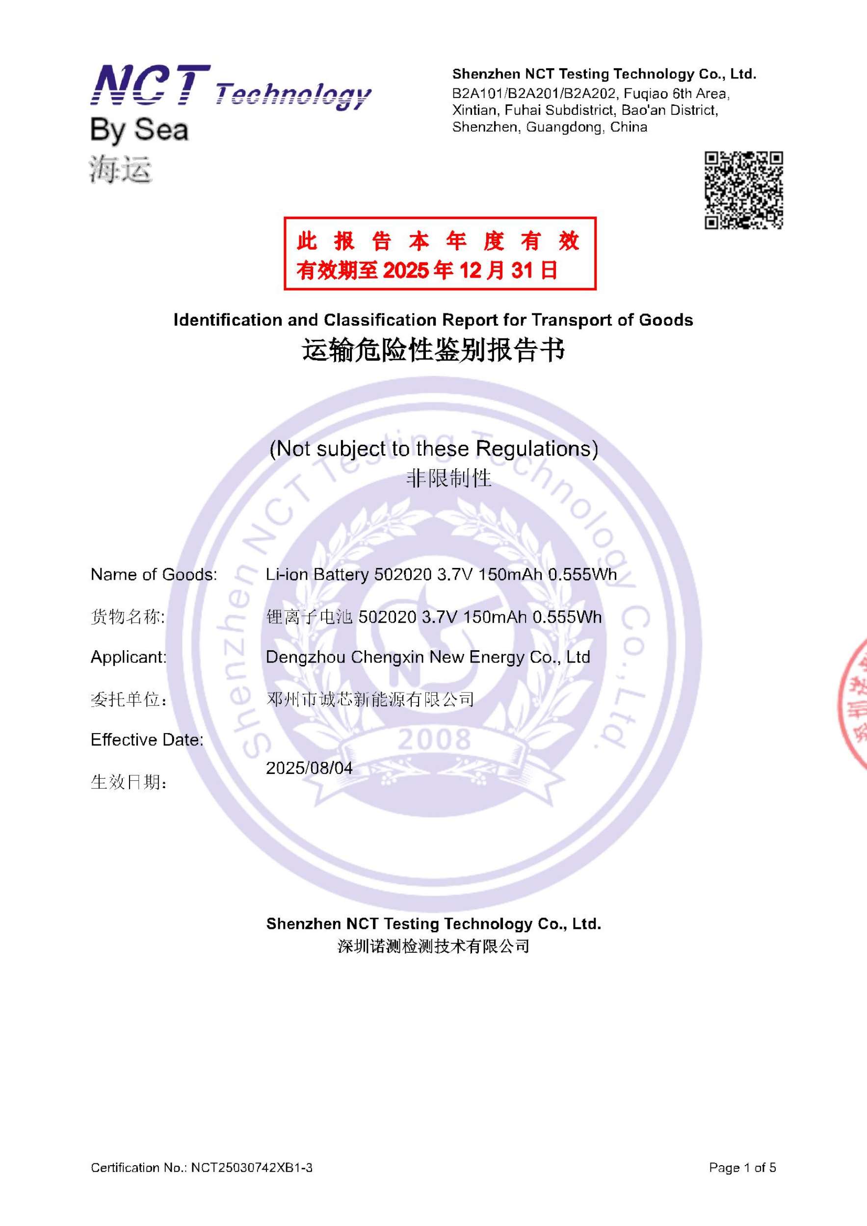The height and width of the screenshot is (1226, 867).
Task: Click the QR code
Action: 744,191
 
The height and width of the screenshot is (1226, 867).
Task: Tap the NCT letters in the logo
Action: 151,84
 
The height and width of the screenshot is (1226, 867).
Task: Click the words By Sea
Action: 139,130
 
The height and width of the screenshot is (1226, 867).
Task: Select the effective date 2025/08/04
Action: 309,768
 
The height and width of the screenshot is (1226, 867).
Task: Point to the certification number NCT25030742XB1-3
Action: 252,1167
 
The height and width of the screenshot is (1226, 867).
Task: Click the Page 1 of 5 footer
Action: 742,1167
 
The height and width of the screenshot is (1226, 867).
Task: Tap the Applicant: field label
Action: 129,657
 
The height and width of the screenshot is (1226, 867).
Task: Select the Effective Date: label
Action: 147,740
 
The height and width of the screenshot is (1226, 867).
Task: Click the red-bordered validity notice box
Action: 440,254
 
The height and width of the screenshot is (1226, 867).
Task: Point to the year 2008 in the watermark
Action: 434,739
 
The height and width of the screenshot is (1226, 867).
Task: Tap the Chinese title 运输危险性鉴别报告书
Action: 433,351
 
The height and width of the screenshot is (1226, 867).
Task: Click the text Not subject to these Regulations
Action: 433,449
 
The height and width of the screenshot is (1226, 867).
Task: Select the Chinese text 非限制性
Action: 449,478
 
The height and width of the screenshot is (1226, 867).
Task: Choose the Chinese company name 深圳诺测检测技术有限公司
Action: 433,946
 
